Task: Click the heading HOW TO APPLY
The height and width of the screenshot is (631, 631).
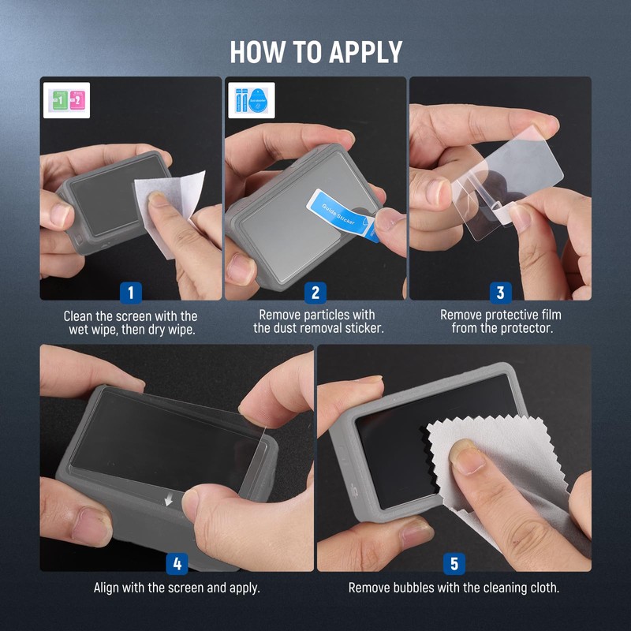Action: [x=315, y=51]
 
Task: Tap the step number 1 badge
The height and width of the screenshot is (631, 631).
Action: [x=131, y=293]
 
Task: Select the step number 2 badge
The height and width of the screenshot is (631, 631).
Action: [x=315, y=293]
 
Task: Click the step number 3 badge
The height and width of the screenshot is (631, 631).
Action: [x=500, y=293]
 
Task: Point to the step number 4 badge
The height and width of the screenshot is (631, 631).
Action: [x=177, y=564]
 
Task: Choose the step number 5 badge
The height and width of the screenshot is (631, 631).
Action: [x=454, y=564]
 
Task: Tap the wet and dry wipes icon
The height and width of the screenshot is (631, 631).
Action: [x=66, y=100]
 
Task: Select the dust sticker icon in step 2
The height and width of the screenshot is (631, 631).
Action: [x=251, y=100]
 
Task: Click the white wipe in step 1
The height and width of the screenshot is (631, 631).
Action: [x=170, y=209]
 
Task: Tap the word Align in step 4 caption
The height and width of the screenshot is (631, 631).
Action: [x=109, y=588]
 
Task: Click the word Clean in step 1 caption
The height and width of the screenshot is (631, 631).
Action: [x=80, y=315]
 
